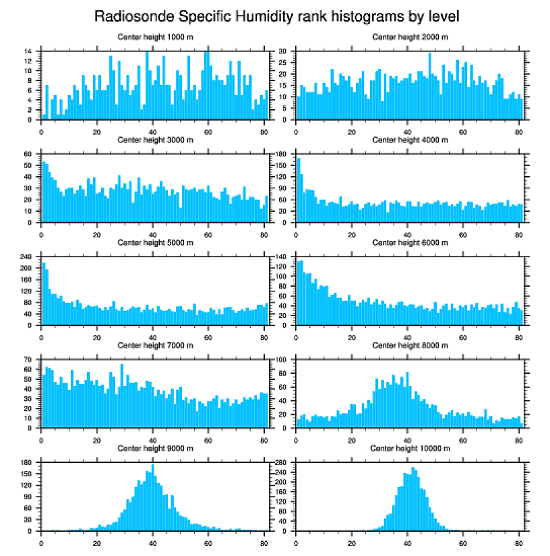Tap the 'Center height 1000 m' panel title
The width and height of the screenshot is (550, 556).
[x=155, y=36]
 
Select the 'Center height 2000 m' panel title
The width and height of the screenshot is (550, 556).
[x=410, y=36]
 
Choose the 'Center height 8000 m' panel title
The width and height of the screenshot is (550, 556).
[x=410, y=345]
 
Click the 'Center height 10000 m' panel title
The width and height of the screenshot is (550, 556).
[x=410, y=448]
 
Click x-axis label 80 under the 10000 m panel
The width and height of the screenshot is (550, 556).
[x=518, y=540]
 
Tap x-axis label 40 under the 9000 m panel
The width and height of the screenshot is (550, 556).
[x=153, y=540]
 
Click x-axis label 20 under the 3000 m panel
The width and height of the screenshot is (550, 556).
[x=97, y=232]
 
